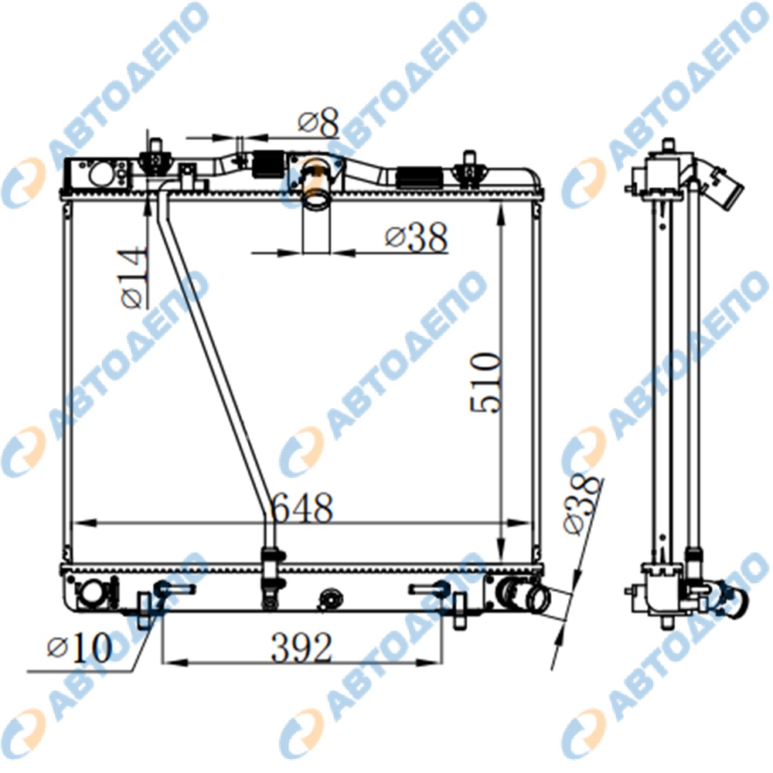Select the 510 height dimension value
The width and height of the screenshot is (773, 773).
click(486, 383)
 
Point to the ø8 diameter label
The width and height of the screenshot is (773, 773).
click(318, 122)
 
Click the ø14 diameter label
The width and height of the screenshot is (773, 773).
click(134, 278)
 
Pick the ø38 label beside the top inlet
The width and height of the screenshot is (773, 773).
click(416, 237)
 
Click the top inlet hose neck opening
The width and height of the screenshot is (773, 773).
click(315, 201)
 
